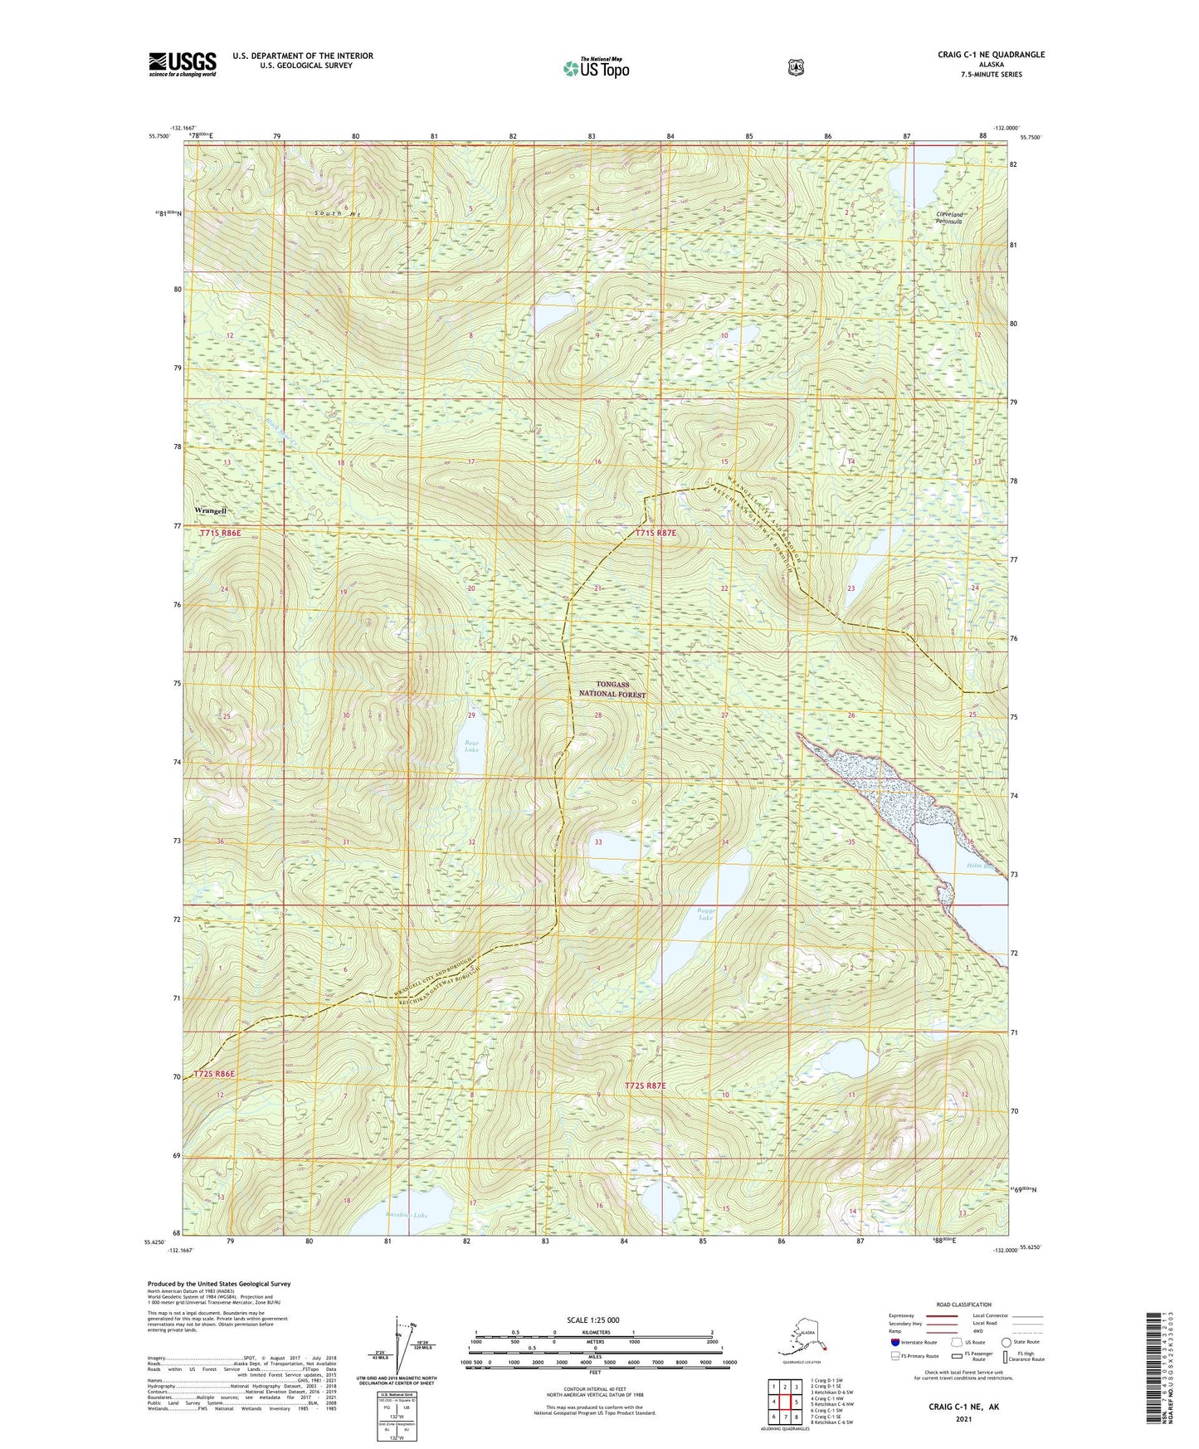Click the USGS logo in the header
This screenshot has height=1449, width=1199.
(x=183, y=64)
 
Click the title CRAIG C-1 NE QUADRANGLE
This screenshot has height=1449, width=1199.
(x=991, y=55)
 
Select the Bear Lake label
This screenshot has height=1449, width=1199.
(x=471, y=746)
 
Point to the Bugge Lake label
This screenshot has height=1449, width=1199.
(x=705, y=914)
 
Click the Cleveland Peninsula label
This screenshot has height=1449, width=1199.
(x=948, y=218)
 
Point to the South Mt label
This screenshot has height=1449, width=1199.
(x=337, y=214)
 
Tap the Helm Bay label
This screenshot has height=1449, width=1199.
(x=980, y=866)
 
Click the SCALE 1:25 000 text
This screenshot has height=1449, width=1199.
(x=592, y=1320)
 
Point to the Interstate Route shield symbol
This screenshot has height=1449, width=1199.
(x=894, y=1342)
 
